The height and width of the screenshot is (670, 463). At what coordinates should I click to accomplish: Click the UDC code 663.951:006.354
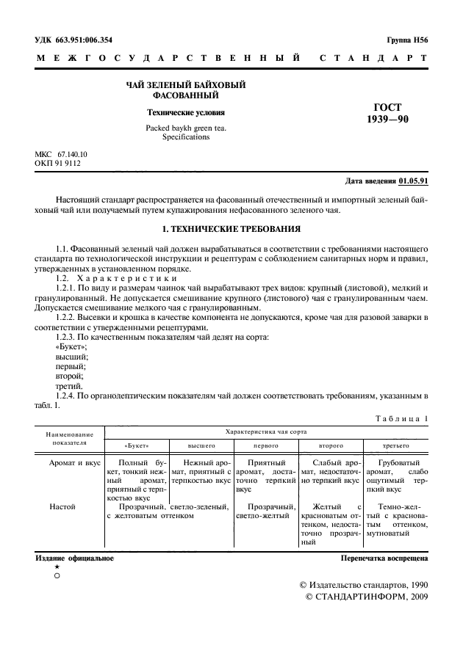(x=79, y=40)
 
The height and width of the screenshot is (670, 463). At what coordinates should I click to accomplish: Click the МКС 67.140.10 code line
(x=61, y=154)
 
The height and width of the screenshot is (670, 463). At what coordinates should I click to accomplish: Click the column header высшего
(x=201, y=446)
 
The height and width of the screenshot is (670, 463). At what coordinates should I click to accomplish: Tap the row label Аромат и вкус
(x=73, y=464)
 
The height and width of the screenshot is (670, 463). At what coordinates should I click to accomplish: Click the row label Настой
(x=62, y=506)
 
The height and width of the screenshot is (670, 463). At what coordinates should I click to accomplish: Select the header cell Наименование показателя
(x=70, y=439)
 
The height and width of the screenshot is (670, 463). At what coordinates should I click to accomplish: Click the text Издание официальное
(x=74, y=558)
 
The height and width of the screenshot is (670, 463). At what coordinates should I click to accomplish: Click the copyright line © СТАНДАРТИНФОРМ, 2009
(x=366, y=598)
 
